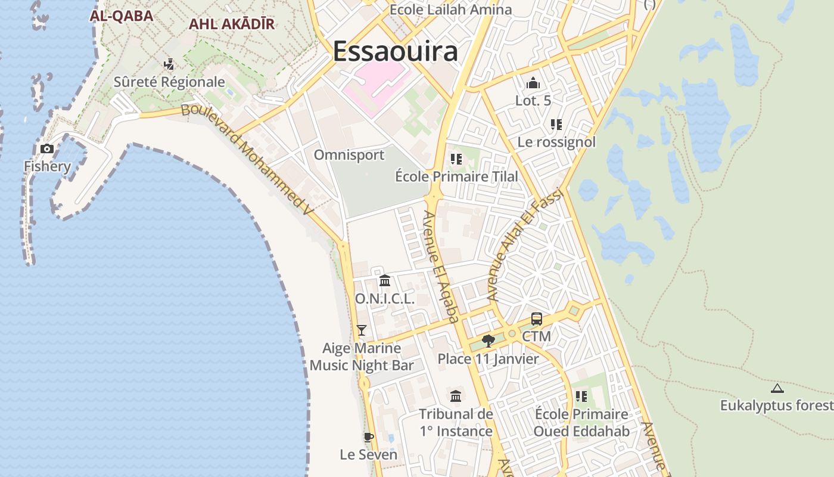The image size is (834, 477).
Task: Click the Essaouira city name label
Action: (395, 51)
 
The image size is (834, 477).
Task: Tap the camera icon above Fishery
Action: (47, 148)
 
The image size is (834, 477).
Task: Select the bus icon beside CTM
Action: (536, 319)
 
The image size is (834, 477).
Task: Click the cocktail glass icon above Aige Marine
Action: (361, 330)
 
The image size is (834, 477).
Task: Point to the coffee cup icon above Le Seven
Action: (368, 437)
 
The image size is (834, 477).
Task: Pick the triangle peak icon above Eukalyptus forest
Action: (777, 389)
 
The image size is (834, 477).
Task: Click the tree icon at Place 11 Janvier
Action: (488, 340)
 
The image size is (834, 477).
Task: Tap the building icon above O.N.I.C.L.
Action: (385, 280)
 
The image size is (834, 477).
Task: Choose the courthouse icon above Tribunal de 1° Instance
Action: (456, 396)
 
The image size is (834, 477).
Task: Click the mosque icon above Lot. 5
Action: (533, 83)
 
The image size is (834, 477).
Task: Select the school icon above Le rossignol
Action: (556, 125)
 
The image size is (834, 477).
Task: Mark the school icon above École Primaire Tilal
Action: (456, 159)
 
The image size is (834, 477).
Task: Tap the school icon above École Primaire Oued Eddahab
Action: (581, 397)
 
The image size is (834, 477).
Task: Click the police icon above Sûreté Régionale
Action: (169, 64)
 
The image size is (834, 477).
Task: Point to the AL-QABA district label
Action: (122, 16)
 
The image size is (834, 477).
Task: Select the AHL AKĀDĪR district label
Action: (231, 24)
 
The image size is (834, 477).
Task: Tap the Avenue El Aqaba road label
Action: (441, 266)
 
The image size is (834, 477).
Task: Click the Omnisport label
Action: (349, 155)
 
